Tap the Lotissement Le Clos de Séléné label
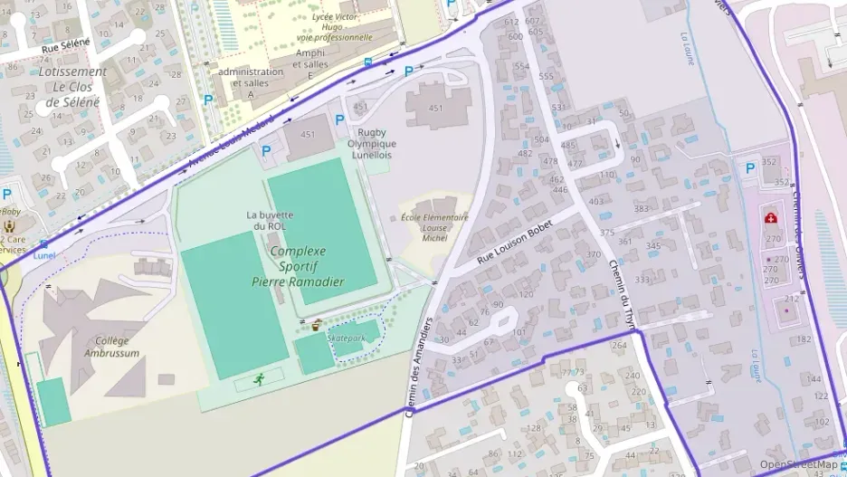tap(72, 87)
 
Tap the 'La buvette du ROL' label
tap(270, 220)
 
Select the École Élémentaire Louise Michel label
tap(434, 227)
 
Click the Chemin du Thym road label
tap(623, 294)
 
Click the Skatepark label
tap(346, 337)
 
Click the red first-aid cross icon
tap(770, 218)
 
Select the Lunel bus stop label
tap(43, 255)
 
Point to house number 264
tap(619, 345)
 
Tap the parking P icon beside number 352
tap(749, 168)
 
